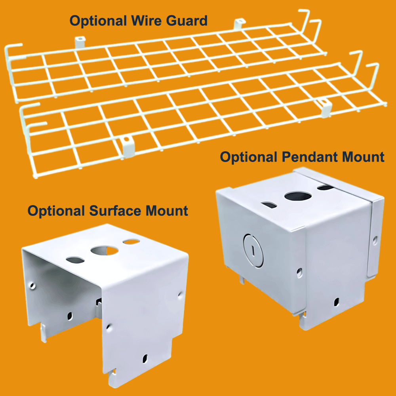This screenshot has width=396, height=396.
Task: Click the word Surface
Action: pos(115,211)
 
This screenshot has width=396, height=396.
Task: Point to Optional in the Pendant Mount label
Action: pos(249,157)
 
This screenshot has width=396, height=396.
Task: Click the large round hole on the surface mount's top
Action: pos(102,251)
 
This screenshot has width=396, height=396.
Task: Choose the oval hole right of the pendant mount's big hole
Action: pos(325,187)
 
